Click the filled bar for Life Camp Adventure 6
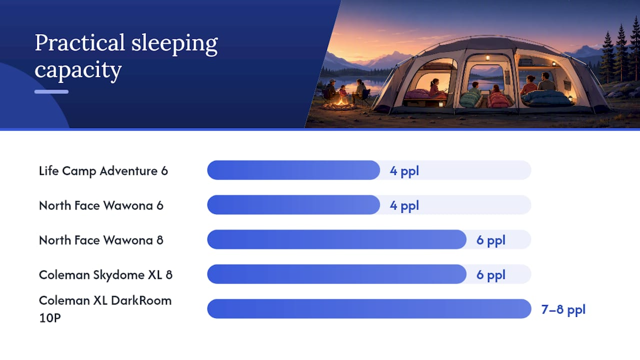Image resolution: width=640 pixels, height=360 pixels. (x=293, y=170)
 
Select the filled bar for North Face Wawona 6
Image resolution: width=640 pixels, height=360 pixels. (x=293, y=205)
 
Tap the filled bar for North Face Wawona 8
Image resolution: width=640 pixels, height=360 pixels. (x=337, y=239)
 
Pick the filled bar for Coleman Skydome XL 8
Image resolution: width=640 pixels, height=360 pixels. (x=337, y=274)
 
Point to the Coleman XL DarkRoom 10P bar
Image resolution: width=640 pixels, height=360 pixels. (x=369, y=309)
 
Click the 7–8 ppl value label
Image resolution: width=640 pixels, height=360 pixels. (x=563, y=309)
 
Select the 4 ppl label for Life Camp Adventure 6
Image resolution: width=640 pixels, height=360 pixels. (x=404, y=171)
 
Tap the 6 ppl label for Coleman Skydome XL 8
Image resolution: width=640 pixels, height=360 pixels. (x=491, y=275)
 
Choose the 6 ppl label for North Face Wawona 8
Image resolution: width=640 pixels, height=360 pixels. (x=491, y=240)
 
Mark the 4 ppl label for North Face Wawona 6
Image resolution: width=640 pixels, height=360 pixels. (x=404, y=206)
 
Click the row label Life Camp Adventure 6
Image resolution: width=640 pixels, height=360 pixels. (x=103, y=171)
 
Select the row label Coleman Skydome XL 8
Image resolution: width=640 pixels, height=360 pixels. (x=105, y=275)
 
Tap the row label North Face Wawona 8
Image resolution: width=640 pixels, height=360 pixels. (x=101, y=240)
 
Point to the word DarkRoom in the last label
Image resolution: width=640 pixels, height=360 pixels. (x=141, y=301)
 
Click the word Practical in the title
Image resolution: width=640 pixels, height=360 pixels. (x=79, y=42)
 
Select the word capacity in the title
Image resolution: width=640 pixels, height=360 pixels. (x=78, y=70)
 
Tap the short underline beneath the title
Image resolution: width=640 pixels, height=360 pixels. (x=51, y=91)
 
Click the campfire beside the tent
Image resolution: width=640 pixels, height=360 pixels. (x=341, y=103)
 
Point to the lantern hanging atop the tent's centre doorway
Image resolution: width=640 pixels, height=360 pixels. (x=487, y=57)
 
